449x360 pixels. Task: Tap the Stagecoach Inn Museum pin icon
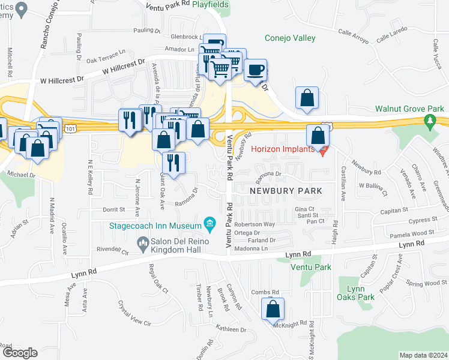(209, 226)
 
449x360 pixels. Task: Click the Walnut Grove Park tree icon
(429, 122)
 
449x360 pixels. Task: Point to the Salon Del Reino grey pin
(143, 243)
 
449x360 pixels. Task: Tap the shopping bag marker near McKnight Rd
(273, 309)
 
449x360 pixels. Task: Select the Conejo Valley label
(290, 38)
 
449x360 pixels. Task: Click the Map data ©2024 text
(423, 355)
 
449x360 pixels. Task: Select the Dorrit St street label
(113, 209)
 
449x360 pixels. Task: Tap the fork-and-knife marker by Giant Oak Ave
(173, 163)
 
